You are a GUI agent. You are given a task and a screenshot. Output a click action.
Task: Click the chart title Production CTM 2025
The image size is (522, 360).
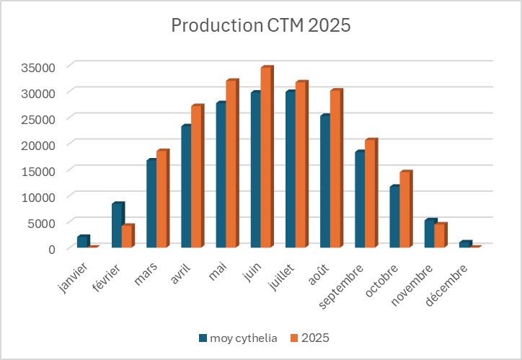tap(260, 26)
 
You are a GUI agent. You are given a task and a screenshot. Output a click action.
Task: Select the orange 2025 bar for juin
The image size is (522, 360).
tap(266, 158)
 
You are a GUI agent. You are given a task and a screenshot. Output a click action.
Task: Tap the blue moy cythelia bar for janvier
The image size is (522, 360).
tap(82, 242)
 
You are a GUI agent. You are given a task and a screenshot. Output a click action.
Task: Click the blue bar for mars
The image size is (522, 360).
tap(151, 204)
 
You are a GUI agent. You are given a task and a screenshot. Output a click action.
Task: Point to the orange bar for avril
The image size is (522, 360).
tap(197, 177)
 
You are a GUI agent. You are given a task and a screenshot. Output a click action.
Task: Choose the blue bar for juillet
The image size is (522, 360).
tap(290, 170)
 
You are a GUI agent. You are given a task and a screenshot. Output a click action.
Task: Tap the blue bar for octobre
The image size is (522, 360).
tap(394, 217)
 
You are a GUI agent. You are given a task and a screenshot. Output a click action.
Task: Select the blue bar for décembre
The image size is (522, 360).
tap(463, 245)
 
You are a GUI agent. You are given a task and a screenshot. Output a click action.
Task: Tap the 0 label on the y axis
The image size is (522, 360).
tap(52, 249)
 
